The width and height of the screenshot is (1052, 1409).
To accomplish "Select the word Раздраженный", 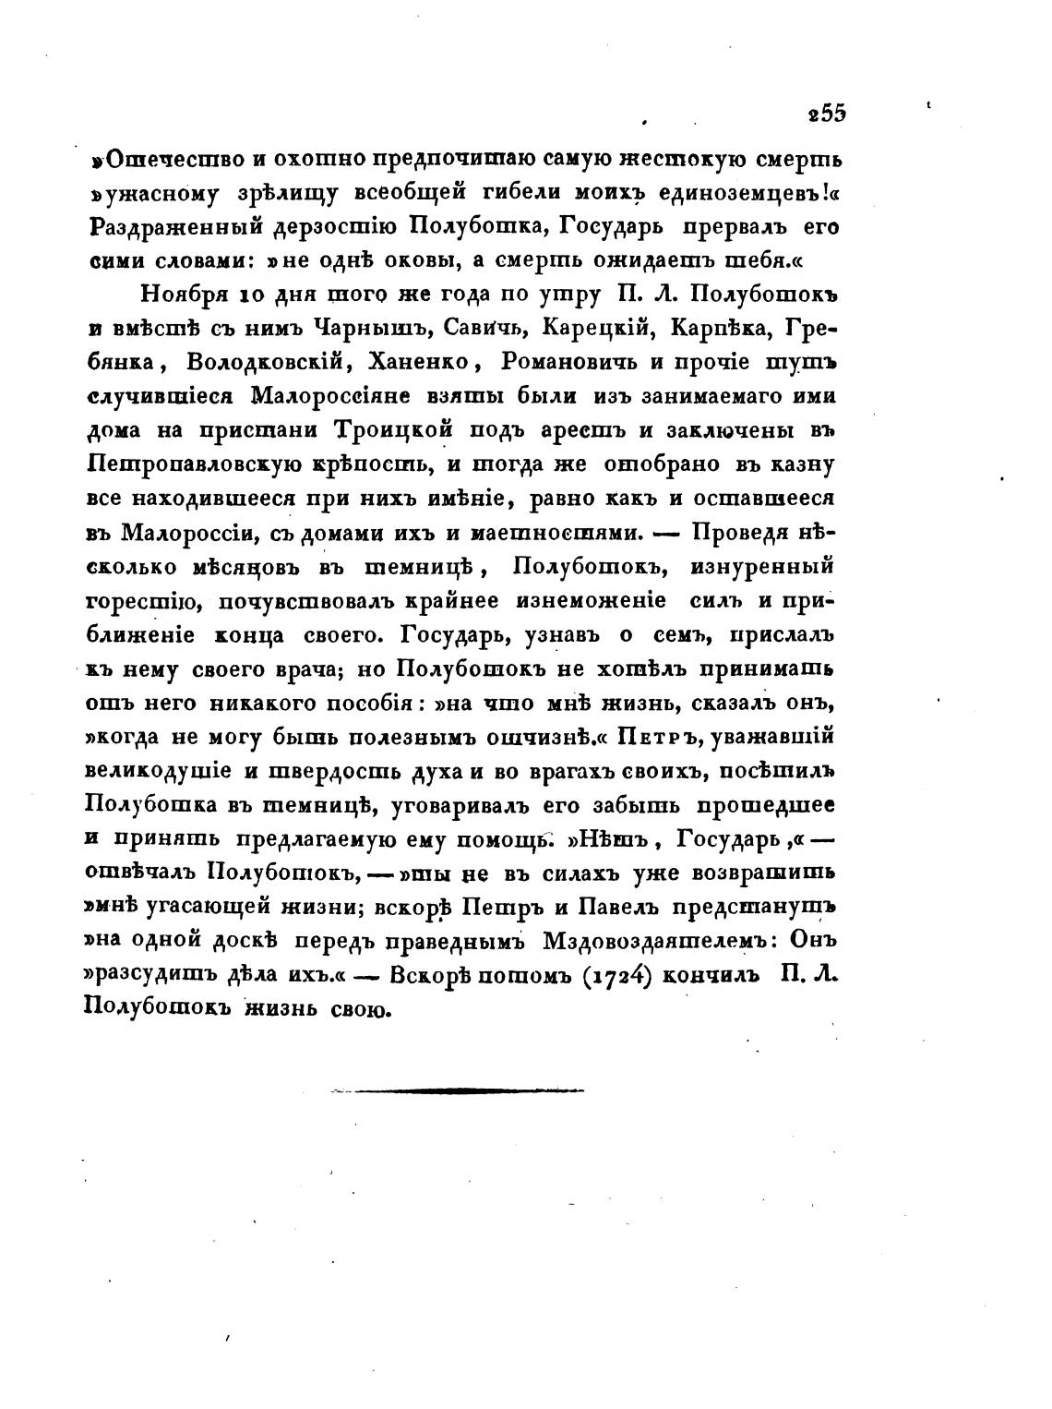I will point(162,227).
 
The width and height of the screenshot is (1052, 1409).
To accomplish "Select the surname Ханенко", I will point(417,361).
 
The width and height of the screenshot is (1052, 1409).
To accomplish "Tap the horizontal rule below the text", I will point(457,1090).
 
